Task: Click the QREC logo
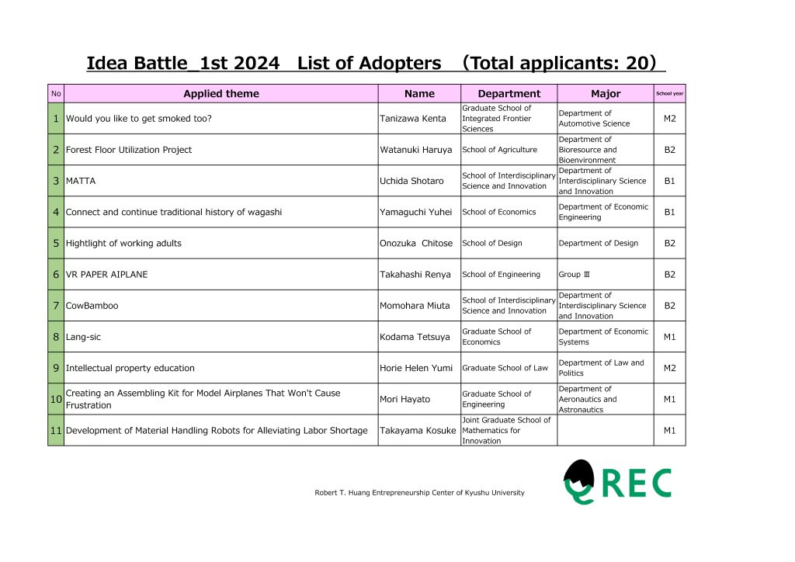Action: pos(617,482)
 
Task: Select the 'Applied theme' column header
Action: pos(221,94)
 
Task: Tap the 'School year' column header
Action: pos(669,94)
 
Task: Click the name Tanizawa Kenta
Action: pos(413,119)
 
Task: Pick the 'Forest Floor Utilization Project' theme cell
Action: pos(129,150)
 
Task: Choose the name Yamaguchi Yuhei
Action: pos(415,212)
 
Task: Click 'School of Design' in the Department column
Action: pos(492,243)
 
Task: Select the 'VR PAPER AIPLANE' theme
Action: pos(106,274)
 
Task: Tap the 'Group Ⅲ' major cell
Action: pos(575,274)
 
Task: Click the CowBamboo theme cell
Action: pos(92,306)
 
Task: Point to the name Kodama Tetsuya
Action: pos(415,337)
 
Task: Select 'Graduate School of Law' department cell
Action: pos(505,368)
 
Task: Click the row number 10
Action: pos(56,399)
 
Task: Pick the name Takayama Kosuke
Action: pos(418,430)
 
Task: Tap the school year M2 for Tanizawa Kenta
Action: pos(669,119)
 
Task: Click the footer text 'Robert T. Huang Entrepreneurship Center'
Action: pos(419,493)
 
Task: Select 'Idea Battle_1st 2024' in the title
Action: pos(182,63)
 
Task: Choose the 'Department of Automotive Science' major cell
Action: pos(594,119)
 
